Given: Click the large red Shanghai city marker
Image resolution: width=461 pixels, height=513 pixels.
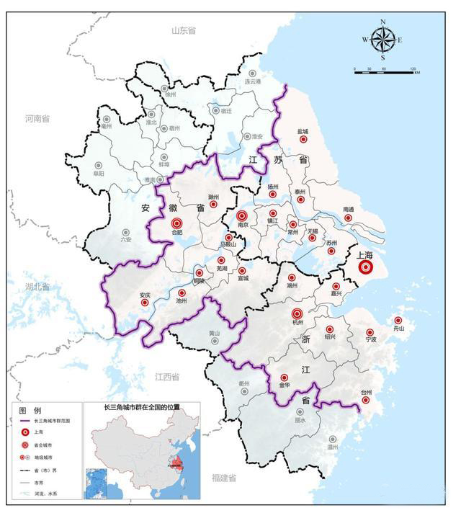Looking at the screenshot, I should [365, 267].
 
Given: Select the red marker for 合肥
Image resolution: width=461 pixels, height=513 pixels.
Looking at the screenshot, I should [177, 225].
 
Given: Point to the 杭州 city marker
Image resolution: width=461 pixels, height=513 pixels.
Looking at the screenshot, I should [296, 313].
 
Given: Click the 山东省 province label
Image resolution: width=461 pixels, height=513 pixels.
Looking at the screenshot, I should [184, 30].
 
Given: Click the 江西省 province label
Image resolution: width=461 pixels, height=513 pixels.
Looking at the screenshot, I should [166, 377].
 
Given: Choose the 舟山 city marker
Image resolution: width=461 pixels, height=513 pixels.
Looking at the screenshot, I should [398, 320].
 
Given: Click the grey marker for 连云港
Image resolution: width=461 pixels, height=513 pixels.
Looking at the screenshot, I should [251, 73].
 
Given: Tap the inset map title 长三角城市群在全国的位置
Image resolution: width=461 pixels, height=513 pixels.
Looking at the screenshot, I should [142, 408].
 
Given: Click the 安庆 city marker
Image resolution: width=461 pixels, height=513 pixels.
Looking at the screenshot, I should [144, 303].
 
